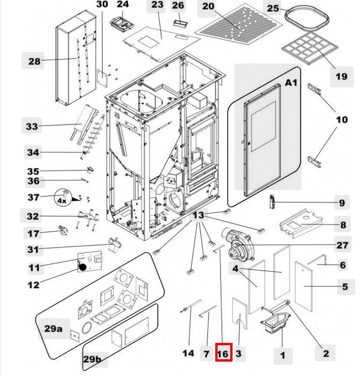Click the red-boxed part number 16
pos(223,353)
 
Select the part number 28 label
pos(34,61)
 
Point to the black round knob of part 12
pos(83,267)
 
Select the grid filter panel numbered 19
pos(309,48)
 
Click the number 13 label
pos(199,215)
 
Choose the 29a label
pos(53,328)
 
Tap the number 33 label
pos(32,127)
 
